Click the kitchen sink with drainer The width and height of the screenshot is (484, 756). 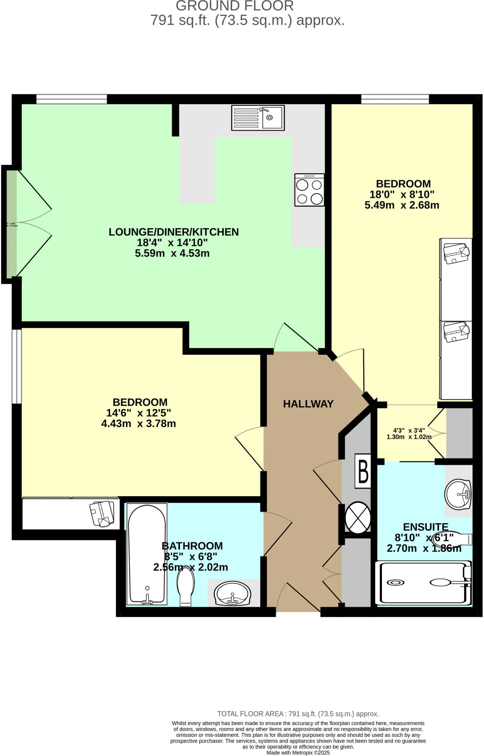coord(258,118)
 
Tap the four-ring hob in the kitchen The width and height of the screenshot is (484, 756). coord(309,190)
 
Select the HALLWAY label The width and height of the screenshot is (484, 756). coord(308,404)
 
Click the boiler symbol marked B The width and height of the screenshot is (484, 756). coord(363,471)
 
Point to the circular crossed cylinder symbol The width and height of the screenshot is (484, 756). coord(358,517)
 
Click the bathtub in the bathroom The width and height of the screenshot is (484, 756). coord(147,554)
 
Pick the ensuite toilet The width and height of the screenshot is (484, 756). coord(451,539)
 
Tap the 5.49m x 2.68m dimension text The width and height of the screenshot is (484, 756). coord(402,205)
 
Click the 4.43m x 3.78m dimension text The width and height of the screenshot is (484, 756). coord(139,423)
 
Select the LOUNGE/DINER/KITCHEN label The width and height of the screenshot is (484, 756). coord(174,232)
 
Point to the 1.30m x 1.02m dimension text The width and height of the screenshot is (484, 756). coord(409,437)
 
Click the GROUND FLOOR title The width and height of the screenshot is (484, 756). coord(235,6)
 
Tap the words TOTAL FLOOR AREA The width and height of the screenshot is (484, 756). coord(250,714)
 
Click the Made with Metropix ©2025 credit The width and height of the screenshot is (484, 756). coord(298,753)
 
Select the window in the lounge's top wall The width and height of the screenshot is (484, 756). coord(71,99)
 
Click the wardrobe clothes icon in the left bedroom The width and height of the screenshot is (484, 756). coord(102,513)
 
